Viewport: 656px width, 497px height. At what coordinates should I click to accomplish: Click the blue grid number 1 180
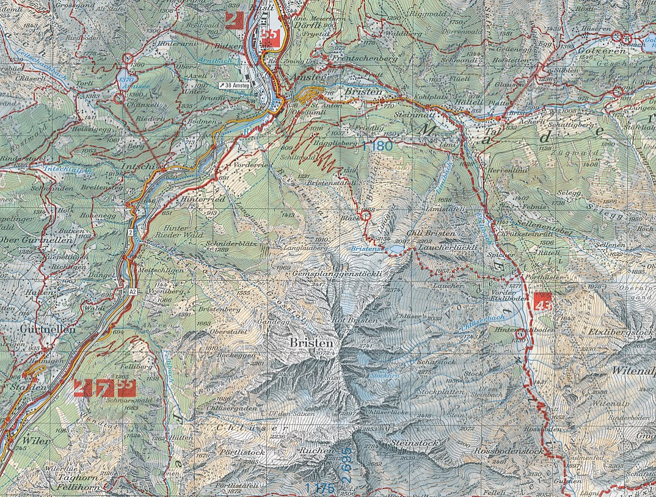[377, 147]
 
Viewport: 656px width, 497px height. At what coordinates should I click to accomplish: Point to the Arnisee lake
[128, 79]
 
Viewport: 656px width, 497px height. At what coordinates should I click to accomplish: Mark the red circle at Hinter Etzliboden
[520, 334]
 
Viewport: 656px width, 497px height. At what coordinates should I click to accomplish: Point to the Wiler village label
[36, 440]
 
